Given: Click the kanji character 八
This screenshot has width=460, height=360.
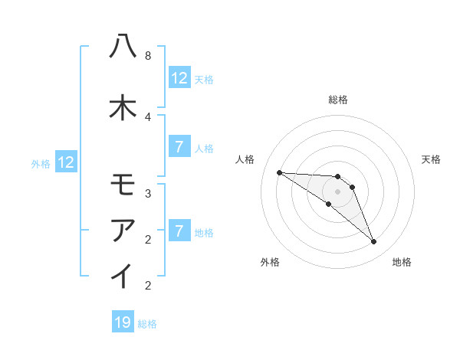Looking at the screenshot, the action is pos(123,47).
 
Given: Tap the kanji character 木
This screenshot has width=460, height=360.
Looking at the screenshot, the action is pos(123,107).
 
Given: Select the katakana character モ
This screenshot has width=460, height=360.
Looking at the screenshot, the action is pos(123,185).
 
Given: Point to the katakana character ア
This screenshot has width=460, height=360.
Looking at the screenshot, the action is pos(123,230).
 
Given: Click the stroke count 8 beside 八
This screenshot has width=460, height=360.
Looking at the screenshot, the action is pos(147,56).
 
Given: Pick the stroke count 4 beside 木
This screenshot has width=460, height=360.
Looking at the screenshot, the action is pos(147,116).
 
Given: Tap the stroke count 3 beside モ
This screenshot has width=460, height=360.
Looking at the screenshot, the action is pos(147,194).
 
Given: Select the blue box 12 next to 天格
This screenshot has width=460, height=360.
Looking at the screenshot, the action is pos(179,78).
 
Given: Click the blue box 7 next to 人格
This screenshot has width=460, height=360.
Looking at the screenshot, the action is pos(179,147).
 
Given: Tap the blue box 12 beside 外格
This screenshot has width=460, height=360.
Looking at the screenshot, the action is pos(66,162).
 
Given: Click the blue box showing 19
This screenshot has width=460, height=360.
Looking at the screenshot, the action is pos(123,322).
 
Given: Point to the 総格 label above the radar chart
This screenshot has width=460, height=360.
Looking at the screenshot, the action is pos(338,100).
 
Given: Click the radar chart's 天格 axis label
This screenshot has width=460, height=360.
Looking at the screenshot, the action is pos(432,159).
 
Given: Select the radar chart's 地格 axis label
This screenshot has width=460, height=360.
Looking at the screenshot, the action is pos(402,262).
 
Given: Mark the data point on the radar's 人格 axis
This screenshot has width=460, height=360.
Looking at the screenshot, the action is pos(279,172).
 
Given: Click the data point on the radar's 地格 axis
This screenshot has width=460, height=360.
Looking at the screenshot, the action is pos(373,242).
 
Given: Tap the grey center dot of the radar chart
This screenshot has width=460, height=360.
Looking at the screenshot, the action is pos(338,191).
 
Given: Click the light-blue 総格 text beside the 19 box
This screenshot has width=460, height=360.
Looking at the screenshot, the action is pos(147,324).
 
